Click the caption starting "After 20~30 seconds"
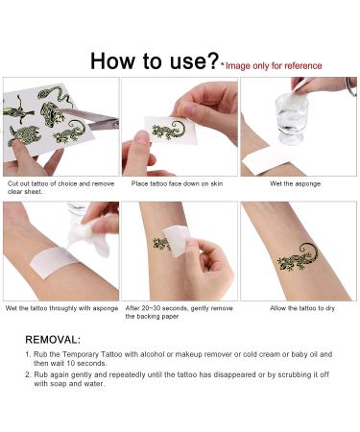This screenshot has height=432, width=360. [x=179, y=310]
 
